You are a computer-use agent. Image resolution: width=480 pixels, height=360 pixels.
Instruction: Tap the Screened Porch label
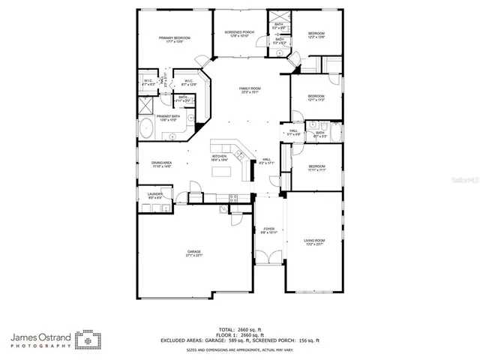[238, 32]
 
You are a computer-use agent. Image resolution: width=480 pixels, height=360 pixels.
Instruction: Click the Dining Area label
[162, 164]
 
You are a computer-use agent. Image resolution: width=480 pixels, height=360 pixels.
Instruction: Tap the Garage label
[194, 253]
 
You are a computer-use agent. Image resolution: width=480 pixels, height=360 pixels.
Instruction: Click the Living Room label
[313, 241]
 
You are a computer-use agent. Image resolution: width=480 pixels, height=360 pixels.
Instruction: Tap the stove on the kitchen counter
[233, 198]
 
